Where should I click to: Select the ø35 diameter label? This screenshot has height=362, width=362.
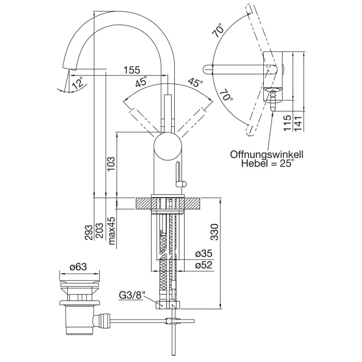coord(204,254)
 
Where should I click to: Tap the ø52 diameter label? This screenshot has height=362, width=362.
coord(204,265)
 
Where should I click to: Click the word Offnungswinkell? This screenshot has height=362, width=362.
coord(267,154)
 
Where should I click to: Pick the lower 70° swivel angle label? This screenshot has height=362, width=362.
coord(226,97)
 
